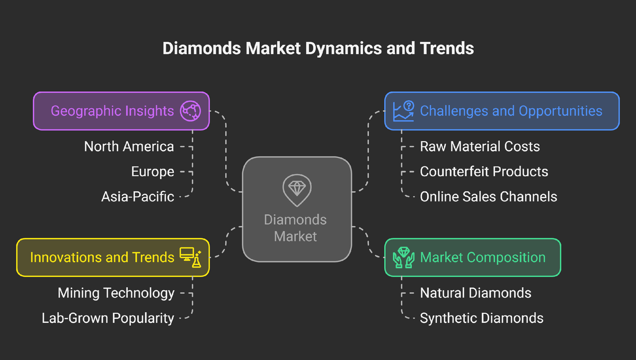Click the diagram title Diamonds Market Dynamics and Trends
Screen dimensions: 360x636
point(318,49)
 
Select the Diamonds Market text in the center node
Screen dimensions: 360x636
point(295,228)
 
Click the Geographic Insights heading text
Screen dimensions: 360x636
point(112,111)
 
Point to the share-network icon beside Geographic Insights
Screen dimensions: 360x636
point(190,111)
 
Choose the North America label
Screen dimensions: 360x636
point(129,146)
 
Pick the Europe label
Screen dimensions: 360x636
point(153,172)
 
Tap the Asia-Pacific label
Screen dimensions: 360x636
point(138,197)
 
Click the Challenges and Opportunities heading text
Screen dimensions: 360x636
point(511,111)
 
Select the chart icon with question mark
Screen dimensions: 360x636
point(403,111)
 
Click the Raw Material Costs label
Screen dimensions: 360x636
point(480,146)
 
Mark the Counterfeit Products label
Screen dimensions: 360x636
point(484,172)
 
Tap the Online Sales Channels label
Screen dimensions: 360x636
point(488,197)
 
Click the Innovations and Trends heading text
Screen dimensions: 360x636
point(102,257)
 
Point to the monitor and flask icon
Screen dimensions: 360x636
point(190,257)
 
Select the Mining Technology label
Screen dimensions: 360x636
point(116,293)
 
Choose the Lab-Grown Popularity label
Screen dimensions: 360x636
point(108,318)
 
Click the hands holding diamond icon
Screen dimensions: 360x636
point(403,257)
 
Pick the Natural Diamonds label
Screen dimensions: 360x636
point(475,293)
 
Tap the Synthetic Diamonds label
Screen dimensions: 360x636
point(481,318)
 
